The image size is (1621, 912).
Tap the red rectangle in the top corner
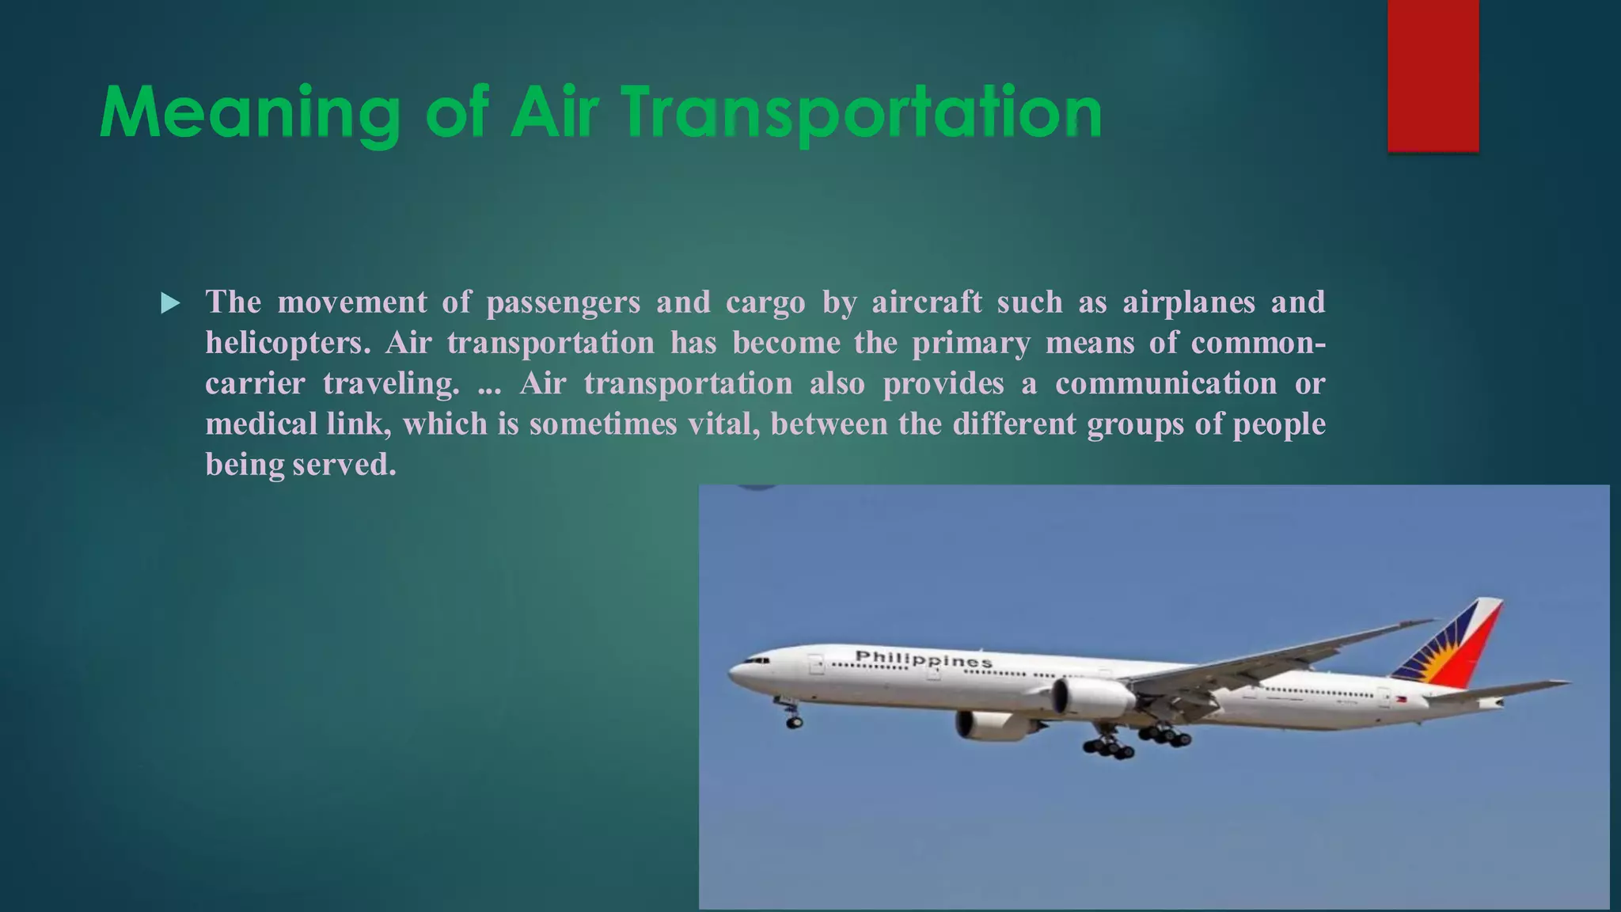(x=1433, y=75)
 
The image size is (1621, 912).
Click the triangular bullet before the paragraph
(x=170, y=303)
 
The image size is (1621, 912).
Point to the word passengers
(x=563, y=302)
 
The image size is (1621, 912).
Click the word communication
(x=1165, y=384)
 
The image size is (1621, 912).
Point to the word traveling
(x=391, y=384)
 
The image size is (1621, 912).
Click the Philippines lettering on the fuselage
(x=923, y=659)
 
